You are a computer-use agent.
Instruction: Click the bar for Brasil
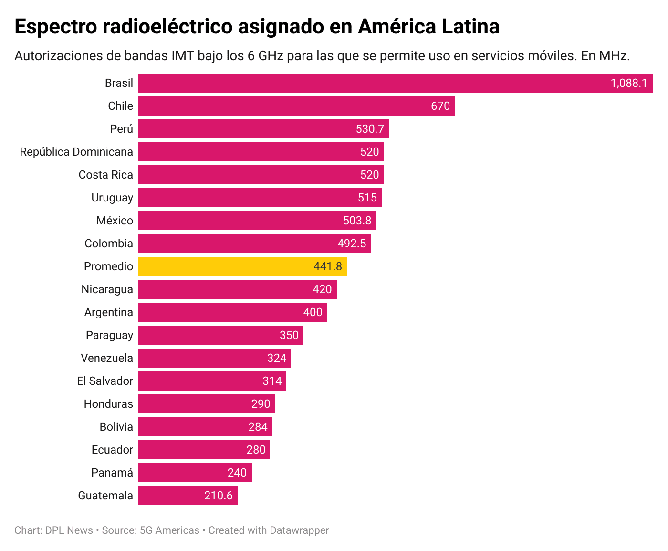395,83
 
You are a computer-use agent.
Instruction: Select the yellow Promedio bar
242,266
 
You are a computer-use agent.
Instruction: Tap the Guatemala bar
188,496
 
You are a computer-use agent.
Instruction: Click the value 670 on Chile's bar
440,106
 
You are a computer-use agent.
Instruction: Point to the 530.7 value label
370,129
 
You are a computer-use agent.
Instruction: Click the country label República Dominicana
76,152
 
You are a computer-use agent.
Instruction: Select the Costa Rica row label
105,175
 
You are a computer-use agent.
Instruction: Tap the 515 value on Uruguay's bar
367,198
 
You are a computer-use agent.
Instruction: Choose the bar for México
257,221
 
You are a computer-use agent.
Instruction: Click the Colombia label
109,244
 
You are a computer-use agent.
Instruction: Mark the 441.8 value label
327,266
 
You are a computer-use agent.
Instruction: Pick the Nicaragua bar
237,289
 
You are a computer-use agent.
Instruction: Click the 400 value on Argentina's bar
313,312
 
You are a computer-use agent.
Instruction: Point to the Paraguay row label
109,335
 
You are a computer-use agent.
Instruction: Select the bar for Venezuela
214,358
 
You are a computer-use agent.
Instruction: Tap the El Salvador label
105,381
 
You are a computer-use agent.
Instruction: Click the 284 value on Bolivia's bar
258,427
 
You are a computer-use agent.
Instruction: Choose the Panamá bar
195,473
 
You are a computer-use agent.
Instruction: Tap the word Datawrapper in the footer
299,530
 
